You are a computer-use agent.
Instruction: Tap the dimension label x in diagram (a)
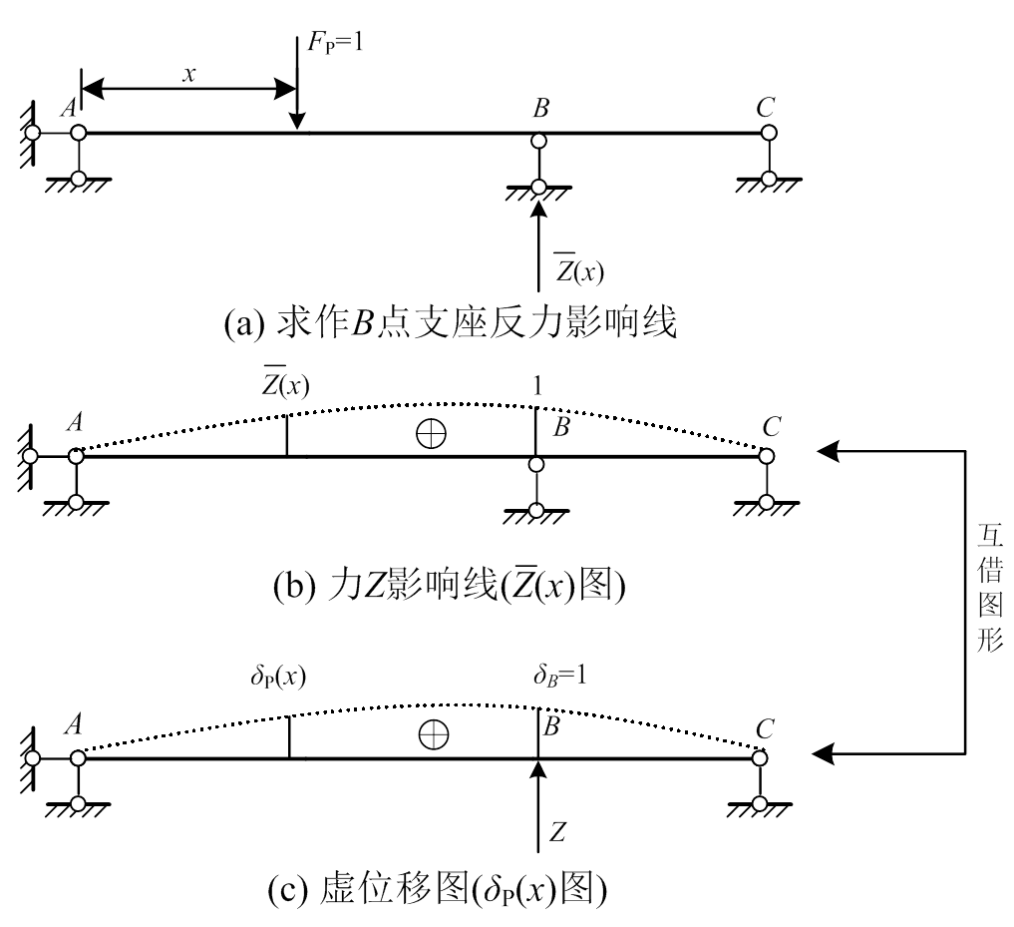pyautogui.click(x=185, y=73)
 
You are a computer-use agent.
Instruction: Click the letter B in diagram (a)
pyautogui.click(x=540, y=109)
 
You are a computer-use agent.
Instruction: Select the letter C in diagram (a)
pyautogui.click(x=765, y=107)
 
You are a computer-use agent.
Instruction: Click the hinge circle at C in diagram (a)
pyautogui.click(x=769, y=133)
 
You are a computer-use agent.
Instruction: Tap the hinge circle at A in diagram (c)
pyautogui.click(x=78, y=758)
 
